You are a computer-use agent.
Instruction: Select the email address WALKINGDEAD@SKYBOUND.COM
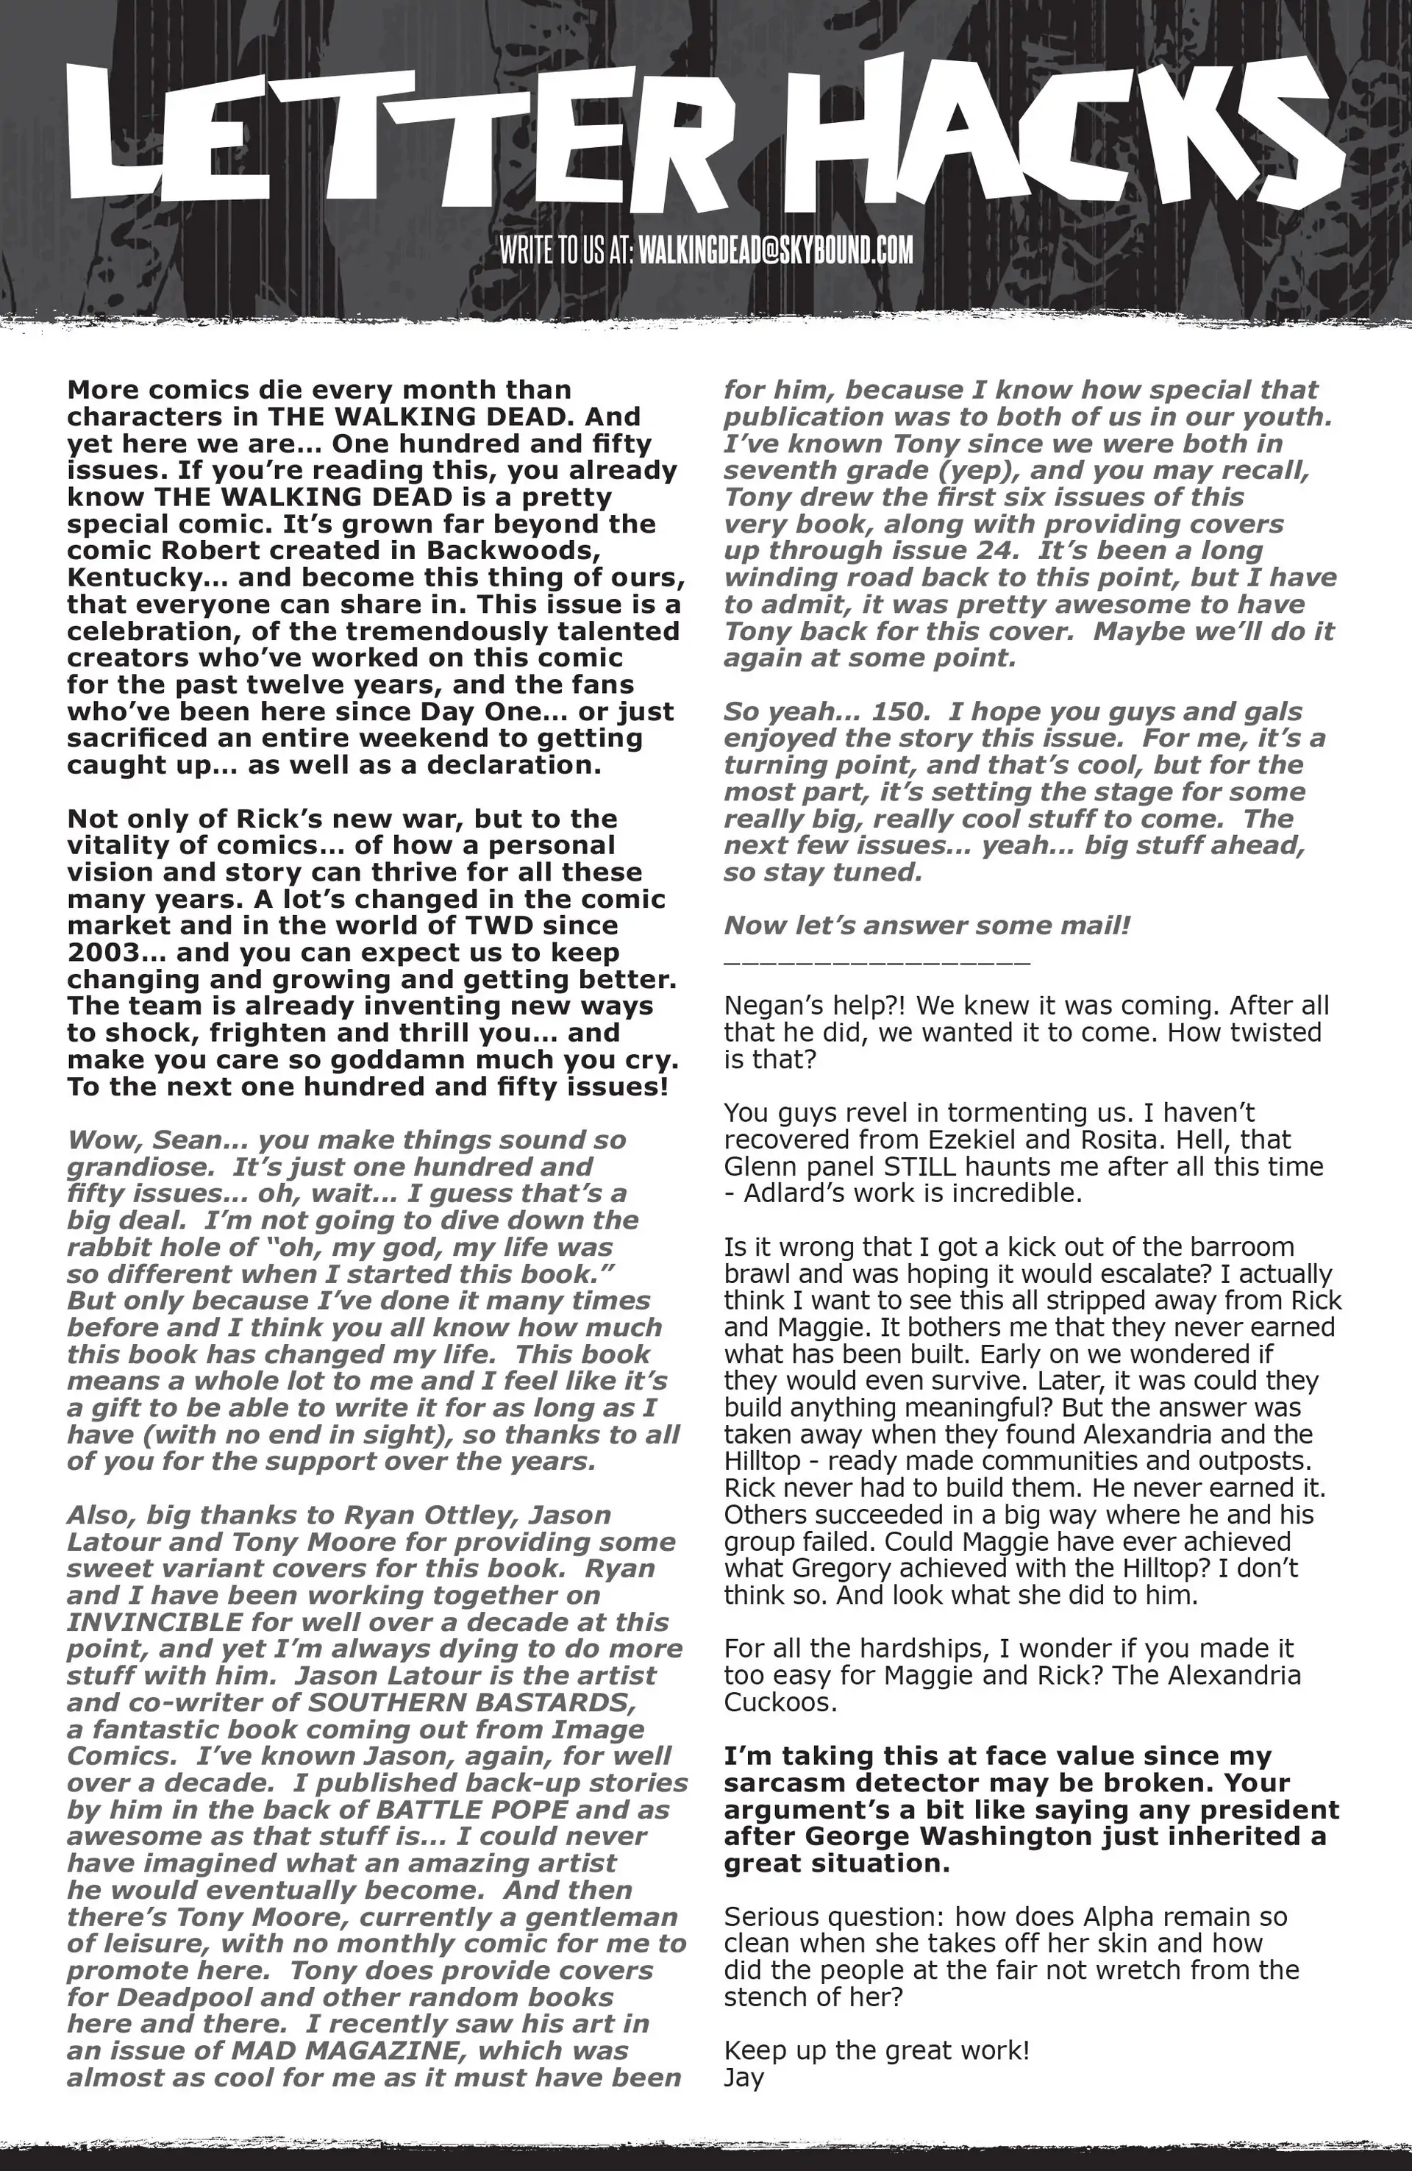(775, 250)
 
